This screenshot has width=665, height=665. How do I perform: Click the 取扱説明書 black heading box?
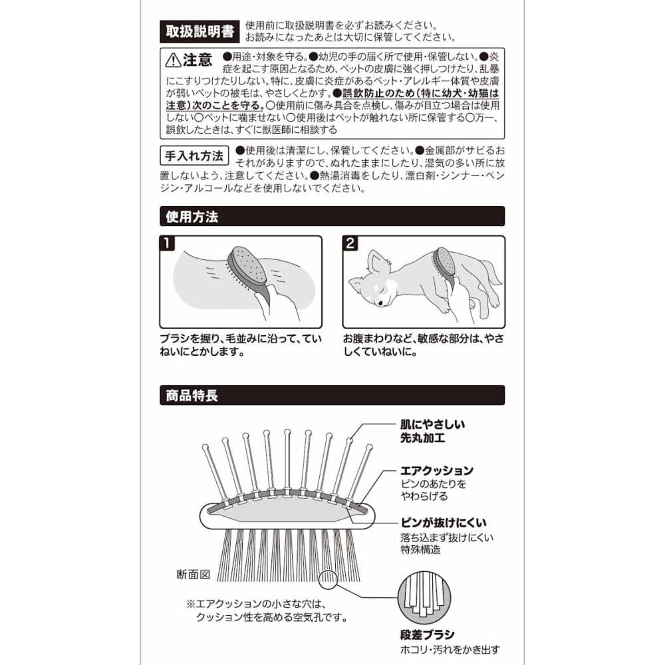[x=199, y=31]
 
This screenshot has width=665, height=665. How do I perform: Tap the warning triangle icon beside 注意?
[x=173, y=61]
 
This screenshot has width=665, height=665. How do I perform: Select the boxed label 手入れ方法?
[x=194, y=156]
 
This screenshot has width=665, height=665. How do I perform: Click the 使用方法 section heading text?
[x=192, y=217]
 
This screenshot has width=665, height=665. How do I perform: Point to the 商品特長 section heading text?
[x=192, y=395]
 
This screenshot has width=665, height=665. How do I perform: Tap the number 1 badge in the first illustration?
[x=167, y=243]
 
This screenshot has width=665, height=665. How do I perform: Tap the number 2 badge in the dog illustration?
[x=350, y=243]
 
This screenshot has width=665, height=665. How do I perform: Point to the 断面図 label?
[x=194, y=575]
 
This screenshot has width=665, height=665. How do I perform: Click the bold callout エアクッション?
[x=437, y=470]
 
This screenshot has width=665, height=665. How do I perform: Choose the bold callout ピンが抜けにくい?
[x=443, y=523]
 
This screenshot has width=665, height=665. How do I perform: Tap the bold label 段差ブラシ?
[x=428, y=634]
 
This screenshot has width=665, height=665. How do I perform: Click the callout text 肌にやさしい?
[x=433, y=424]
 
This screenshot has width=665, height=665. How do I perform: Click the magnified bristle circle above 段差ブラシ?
[x=424, y=598]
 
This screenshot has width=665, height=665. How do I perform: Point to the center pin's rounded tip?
[x=287, y=433]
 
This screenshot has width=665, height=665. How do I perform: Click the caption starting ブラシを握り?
[x=241, y=345]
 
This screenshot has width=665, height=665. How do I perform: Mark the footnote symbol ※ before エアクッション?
[x=190, y=604]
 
